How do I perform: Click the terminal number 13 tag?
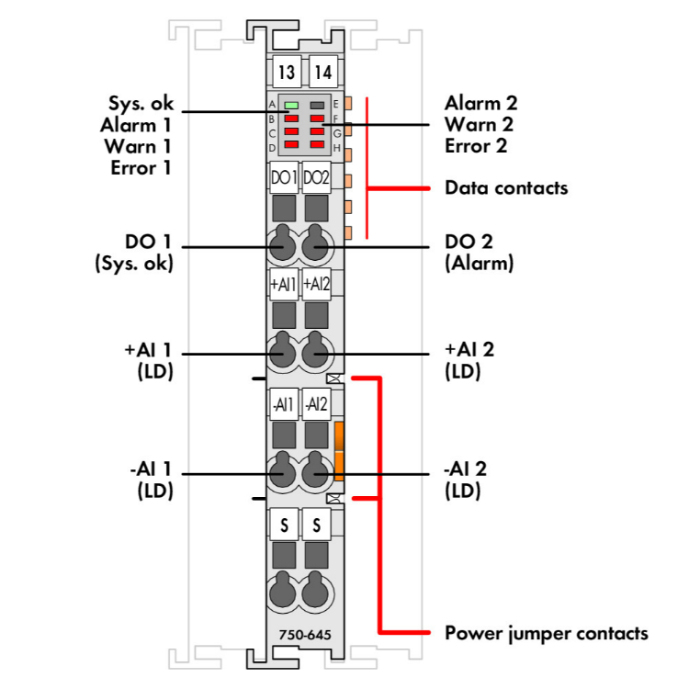coord(286,70)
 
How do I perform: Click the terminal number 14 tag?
coord(322,70)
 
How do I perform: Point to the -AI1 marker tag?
coord(284,403)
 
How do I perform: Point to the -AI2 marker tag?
coord(316,403)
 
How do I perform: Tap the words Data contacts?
coord(506,188)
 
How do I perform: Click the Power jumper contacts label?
coord(546,633)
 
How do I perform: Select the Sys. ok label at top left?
coord(141,103)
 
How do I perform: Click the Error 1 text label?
coord(141,168)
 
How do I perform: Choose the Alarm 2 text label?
coord(481,103)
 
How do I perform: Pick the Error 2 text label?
coord(476,145)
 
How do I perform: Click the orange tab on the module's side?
coord(339,450)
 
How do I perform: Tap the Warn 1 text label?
coord(139,146)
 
